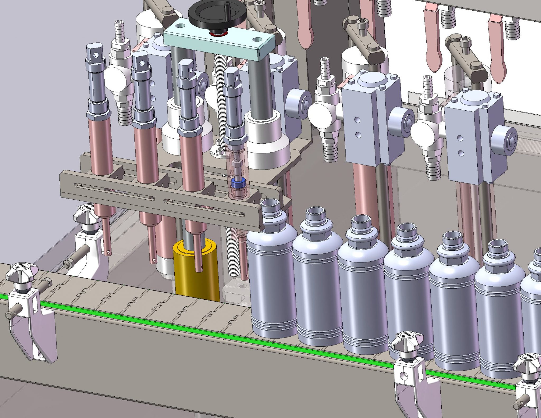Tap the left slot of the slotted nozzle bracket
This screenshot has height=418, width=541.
(x=114, y=191)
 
